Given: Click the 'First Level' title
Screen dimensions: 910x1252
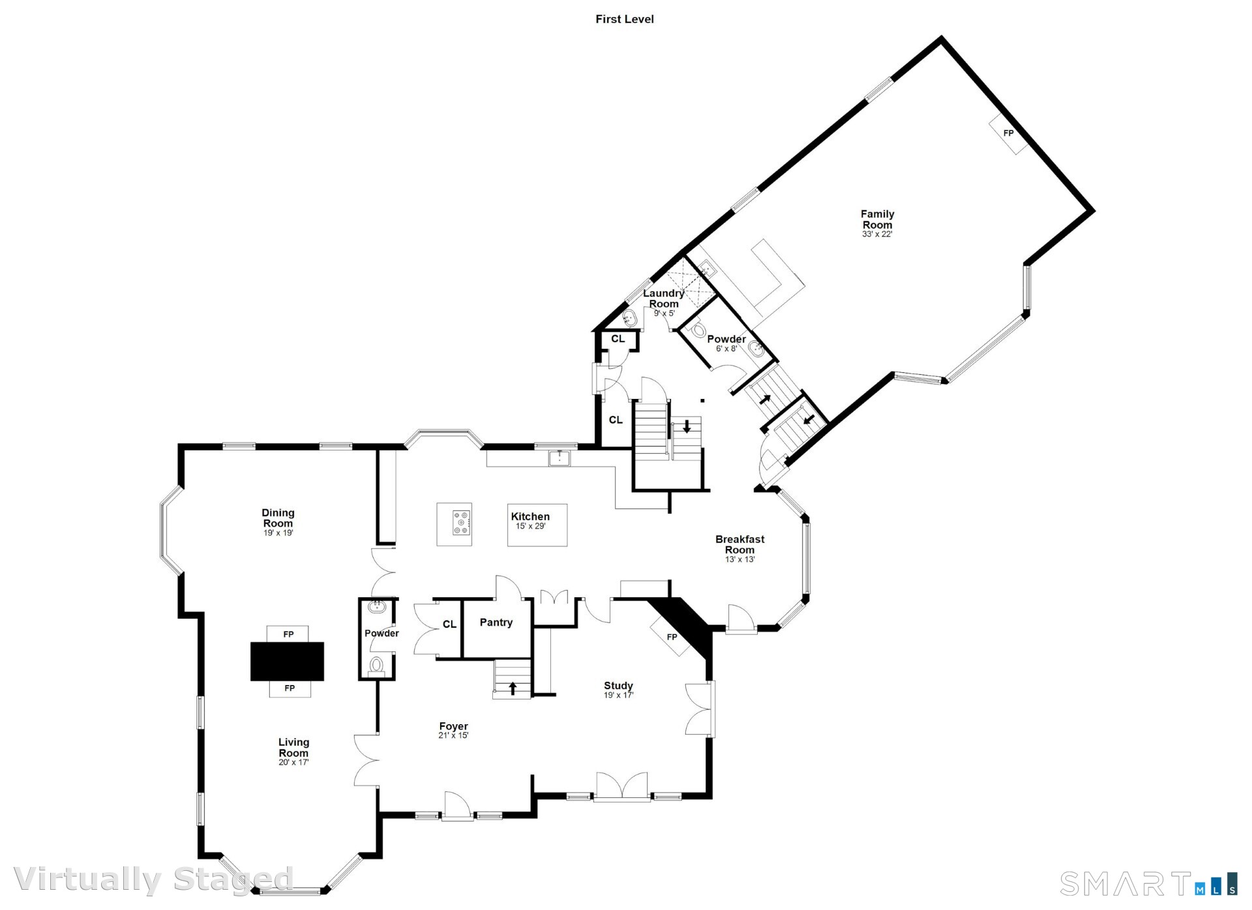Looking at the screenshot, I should (624, 20).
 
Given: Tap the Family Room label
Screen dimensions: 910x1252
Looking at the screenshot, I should (877, 219).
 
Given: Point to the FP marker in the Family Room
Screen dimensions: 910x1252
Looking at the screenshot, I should (1008, 133).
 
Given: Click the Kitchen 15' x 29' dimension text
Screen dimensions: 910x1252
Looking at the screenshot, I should (530, 526).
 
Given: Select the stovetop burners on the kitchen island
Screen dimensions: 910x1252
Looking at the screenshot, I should (462, 523).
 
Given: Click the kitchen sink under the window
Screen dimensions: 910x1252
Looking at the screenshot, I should (559, 458).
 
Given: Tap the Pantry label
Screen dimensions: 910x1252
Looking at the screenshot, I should (496, 623).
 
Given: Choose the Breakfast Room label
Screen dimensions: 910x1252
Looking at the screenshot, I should (739, 544).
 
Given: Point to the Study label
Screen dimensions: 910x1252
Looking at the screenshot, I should (618, 686).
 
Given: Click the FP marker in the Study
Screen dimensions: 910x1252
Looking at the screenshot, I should (672, 637).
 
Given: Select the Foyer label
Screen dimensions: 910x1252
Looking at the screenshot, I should (453, 726).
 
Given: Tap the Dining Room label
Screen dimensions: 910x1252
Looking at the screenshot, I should (278, 518).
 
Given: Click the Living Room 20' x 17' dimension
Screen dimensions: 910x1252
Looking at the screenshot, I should (293, 762).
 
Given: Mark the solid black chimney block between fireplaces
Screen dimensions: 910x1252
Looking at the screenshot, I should (288, 661).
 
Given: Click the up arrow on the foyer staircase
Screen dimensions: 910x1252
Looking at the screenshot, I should (513, 688).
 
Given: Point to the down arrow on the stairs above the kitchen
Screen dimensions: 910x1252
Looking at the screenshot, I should (687, 427).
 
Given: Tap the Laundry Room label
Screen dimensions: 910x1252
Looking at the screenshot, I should (664, 299).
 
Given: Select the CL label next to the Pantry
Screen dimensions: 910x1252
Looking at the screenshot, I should (449, 624).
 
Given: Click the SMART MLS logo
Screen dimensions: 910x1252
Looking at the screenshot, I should (1148, 884).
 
